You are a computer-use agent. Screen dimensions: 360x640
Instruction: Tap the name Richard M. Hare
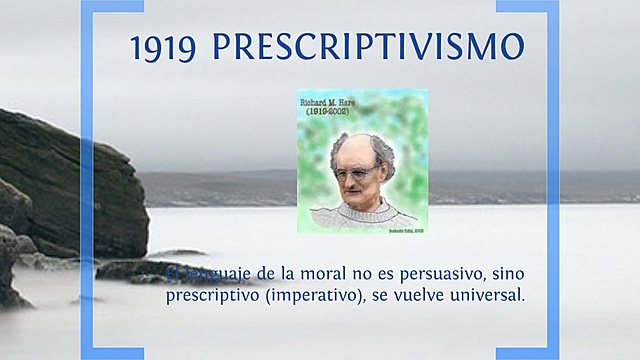pyautogui.click(x=334, y=101)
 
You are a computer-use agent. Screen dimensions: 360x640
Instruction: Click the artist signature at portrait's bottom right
pyautogui.click(x=407, y=229)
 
